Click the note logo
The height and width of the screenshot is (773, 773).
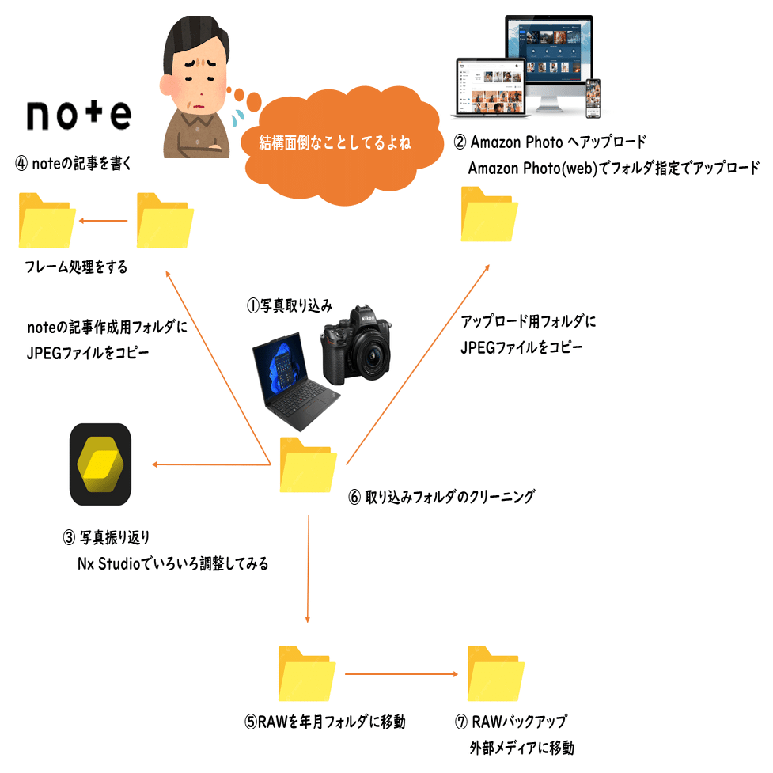point(78,115)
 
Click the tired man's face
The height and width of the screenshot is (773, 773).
point(194,87)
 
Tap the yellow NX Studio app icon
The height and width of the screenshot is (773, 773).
point(100,464)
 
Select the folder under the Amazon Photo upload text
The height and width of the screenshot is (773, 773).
point(489,214)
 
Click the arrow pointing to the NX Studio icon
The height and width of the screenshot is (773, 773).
point(210,464)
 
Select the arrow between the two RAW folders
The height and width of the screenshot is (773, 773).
point(401,674)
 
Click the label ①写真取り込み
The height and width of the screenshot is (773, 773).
point(290,306)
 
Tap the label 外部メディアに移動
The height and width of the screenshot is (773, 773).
point(522,748)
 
